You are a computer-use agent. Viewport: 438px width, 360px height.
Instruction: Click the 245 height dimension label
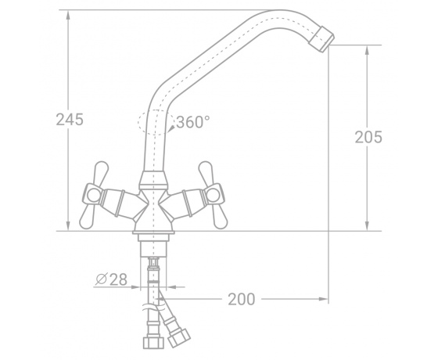pyautogui.click(x=70, y=120)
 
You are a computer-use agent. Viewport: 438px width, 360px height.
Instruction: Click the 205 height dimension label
pyautogui.click(x=368, y=137)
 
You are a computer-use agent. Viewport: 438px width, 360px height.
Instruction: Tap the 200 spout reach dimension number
pyautogui.click(x=242, y=299)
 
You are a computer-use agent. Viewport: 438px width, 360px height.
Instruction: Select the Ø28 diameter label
pyautogui.click(x=111, y=279)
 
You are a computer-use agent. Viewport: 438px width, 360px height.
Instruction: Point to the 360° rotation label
pyautogui.click(x=192, y=122)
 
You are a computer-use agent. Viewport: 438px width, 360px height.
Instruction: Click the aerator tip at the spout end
pyautogui.click(x=321, y=39)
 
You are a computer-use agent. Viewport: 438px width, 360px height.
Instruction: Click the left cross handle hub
pyautogui.click(x=92, y=194)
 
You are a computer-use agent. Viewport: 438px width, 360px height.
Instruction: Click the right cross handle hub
pyautogui.click(x=214, y=194)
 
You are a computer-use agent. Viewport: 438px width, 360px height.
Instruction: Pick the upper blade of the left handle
pyautogui.click(x=101, y=172)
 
